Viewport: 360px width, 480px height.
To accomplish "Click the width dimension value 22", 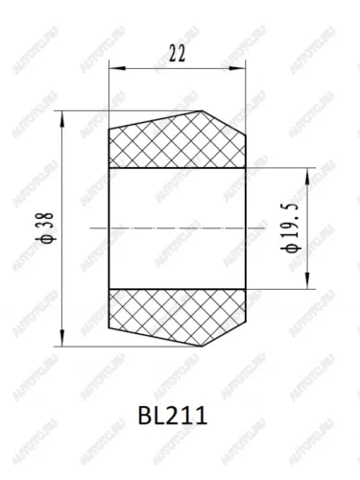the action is (x=177, y=54).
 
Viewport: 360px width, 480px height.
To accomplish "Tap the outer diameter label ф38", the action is (x=47, y=228).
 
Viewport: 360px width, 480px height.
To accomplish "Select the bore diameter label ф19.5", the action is (x=292, y=228).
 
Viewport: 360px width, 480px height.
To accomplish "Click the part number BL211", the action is (x=173, y=416).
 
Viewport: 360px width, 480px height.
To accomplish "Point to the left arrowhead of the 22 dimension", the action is (x=117, y=68).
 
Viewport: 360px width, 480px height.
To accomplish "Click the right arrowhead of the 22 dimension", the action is (x=238, y=68).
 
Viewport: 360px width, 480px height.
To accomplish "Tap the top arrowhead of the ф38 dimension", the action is (x=62, y=119).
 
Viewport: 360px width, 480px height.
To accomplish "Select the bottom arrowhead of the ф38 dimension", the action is (x=62, y=338).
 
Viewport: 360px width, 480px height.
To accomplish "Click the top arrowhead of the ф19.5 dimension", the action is (x=307, y=176).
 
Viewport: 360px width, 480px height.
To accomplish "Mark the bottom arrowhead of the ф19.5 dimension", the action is (x=307, y=281).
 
